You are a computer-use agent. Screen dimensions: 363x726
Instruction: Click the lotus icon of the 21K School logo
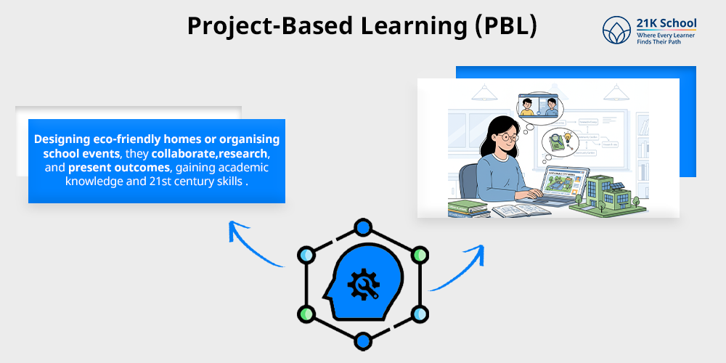(x=616, y=30)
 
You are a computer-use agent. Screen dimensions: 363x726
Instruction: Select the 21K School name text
(x=666, y=23)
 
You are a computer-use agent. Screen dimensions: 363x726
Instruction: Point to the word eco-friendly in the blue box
(x=131, y=139)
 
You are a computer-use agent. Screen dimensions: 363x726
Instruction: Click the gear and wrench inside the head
(x=360, y=285)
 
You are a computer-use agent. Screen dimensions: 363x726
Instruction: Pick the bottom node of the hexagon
(x=362, y=339)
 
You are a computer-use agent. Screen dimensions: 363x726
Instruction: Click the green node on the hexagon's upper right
(x=418, y=256)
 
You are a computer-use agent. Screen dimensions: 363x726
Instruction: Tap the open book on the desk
(x=514, y=211)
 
